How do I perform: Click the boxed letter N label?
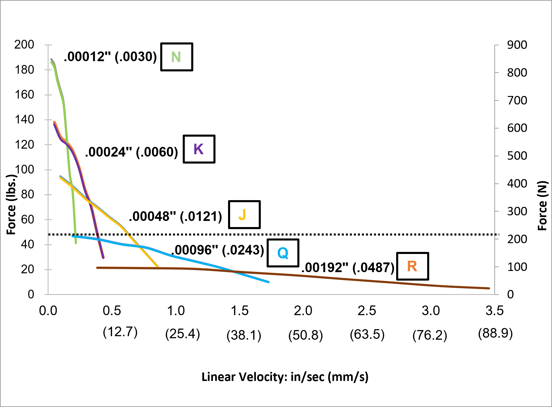[176, 57]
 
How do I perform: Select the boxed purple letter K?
[199, 149]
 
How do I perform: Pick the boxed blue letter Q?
[283, 253]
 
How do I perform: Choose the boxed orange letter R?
[412, 266]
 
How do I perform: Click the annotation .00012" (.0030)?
[111, 57]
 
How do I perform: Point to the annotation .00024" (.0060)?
[132, 152]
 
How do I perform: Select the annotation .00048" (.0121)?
[175, 217]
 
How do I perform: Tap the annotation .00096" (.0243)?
[218, 250]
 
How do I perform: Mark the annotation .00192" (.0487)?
[348, 268]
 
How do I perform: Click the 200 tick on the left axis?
[24, 44]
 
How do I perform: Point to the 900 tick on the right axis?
[517, 45]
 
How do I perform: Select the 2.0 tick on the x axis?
[303, 311]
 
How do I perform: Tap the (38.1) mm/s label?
[244, 335]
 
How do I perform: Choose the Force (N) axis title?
[542, 205]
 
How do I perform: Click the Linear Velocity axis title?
[285, 377]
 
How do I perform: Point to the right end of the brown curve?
[489, 288]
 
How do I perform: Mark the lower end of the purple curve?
[103, 257]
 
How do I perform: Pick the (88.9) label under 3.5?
[495, 333]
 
